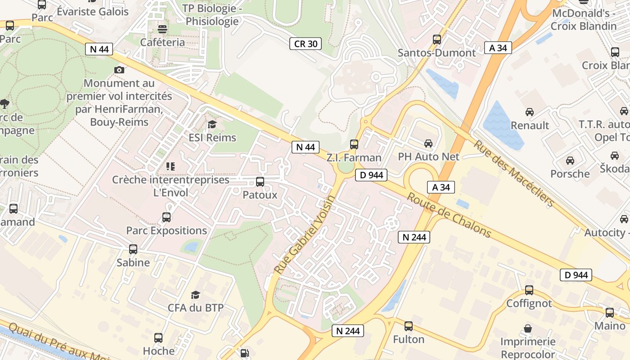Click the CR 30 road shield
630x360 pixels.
[x=306, y=44]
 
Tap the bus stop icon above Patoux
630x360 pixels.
[x=260, y=182]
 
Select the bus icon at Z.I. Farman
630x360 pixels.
[x=354, y=144]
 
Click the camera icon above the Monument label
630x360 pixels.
[x=119, y=70]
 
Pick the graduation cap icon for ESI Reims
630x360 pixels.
[x=212, y=124]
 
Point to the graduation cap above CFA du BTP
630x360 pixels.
[x=195, y=295]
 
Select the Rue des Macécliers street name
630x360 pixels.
[x=513, y=173]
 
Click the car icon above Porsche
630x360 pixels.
[x=570, y=161]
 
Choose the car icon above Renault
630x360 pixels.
[x=530, y=112]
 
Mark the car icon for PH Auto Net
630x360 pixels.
[x=428, y=144]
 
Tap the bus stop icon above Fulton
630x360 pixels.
[x=409, y=326]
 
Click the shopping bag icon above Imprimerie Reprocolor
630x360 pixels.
[x=528, y=329]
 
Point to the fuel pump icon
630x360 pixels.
[x=244, y=353]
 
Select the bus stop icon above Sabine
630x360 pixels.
[x=133, y=249]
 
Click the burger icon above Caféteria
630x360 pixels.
[x=162, y=29]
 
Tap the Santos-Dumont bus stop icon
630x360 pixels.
[x=436, y=40]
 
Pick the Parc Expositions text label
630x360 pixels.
[x=166, y=231]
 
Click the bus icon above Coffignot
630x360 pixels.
[x=529, y=290]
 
